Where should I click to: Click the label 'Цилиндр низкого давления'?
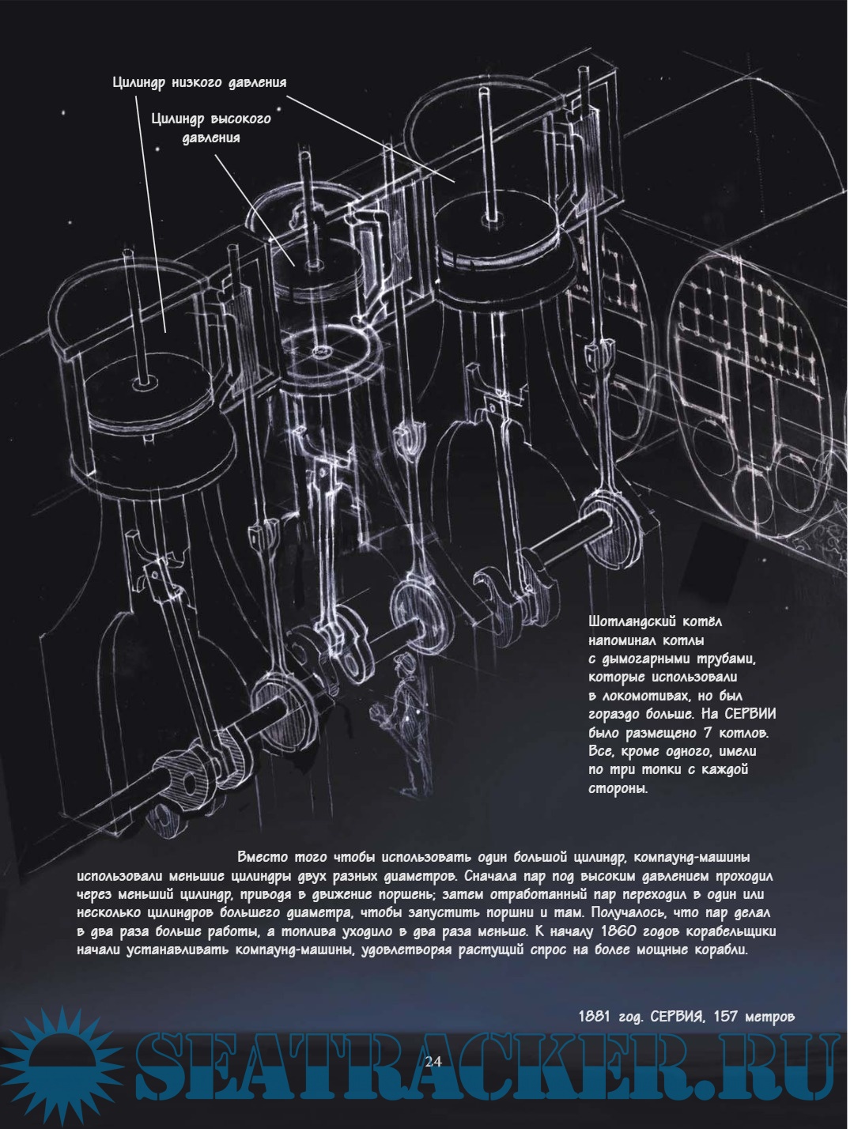tap(199, 83)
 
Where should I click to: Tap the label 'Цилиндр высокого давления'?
tap(211, 129)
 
